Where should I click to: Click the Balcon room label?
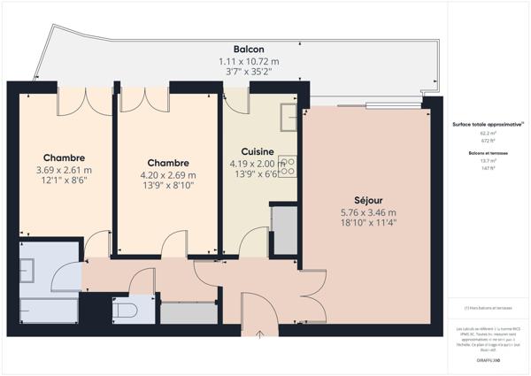(248, 49)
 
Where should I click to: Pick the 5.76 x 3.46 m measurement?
(367, 212)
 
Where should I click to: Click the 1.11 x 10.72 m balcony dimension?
(248, 61)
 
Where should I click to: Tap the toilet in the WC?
(124, 310)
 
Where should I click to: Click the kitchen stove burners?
(288, 165)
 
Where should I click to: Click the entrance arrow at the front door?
(259, 334)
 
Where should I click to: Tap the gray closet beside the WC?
(189, 312)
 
